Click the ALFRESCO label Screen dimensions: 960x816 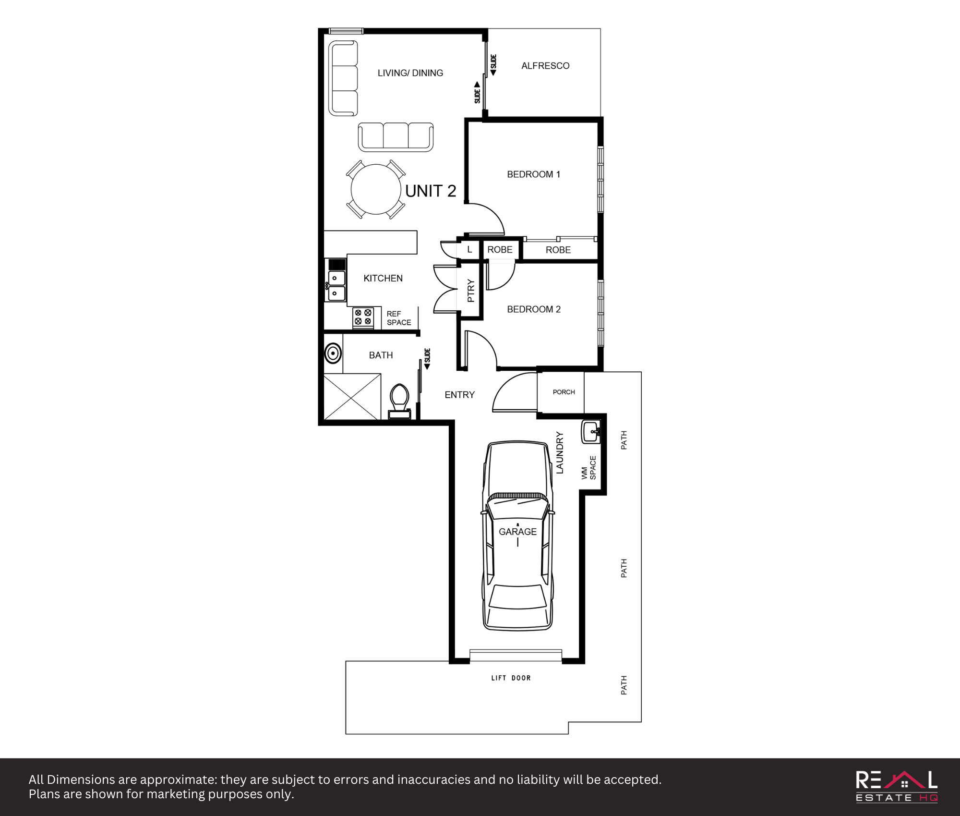pos(545,66)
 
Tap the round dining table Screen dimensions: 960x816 pos(376,189)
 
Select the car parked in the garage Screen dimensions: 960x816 pos(517,536)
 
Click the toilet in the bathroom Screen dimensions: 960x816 pos(399,402)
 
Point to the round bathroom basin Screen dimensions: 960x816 pos(333,353)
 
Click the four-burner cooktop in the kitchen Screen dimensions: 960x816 pos(363,317)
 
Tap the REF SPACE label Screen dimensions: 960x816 pos(399,318)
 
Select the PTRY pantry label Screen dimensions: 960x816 pos(470,291)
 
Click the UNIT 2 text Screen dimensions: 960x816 pos(431,191)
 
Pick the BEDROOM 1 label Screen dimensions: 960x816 pos(534,174)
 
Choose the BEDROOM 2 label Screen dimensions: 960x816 pos(534,309)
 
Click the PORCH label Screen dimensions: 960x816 pos(564,392)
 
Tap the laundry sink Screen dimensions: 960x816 pos(591,432)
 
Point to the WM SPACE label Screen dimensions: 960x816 pos(588,468)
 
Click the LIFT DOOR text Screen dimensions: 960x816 pos(511,678)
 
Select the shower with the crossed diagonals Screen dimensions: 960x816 pos(352,397)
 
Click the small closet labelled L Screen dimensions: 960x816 pos(469,250)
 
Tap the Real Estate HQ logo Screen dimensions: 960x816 pos(897,786)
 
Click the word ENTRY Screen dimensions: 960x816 pos(459,395)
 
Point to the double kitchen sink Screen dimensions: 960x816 pos(336,285)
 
